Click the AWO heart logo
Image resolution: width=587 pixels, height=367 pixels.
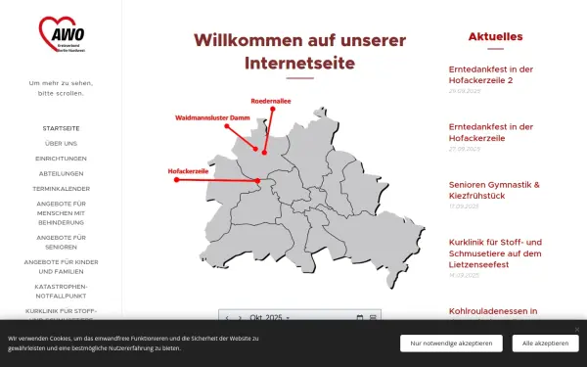click(61, 35)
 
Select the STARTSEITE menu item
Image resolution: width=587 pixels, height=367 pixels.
click(61, 128)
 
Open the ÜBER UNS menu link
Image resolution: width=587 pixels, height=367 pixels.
click(61, 143)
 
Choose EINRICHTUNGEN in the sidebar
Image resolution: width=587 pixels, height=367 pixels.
click(61, 158)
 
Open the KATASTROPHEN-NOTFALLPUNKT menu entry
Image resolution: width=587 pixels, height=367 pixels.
click(61, 290)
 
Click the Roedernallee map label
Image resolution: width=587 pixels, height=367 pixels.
click(271, 101)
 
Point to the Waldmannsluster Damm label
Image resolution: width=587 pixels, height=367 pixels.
click(213, 117)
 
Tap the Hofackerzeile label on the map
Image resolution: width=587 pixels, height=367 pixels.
click(189, 171)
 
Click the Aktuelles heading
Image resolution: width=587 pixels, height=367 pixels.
click(495, 37)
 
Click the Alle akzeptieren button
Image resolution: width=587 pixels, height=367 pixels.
click(545, 344)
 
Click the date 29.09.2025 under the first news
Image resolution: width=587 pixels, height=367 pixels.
click(465, 91)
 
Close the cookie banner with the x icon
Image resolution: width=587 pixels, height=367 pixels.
click(577, 329)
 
